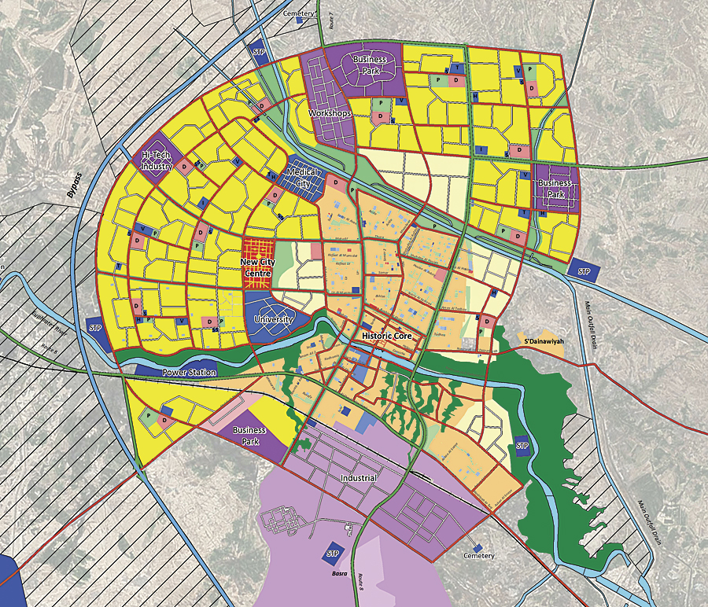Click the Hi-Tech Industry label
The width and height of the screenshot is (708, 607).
(x=157, y=161)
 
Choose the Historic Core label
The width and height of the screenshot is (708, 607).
(x=387, y=336)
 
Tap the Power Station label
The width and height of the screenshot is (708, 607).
(x=189, y=372)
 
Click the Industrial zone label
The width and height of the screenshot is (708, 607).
(x=359, y=478)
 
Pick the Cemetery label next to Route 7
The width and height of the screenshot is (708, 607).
(x=298, y=13)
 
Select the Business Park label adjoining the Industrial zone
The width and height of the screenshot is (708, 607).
(x=249, y=436)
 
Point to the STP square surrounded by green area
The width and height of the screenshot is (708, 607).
(x=522, y=446)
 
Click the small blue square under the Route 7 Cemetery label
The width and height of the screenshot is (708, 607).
(x=299, y=21)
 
